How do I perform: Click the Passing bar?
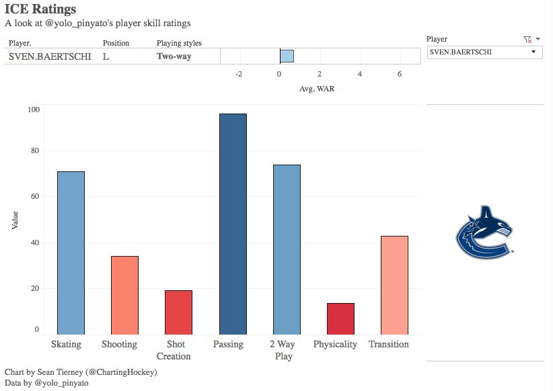click(x=233, y=224)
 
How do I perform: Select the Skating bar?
click(x=71, y=253)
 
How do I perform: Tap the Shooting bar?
click(x=124, y=295)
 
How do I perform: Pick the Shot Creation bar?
click(x=178, y=312)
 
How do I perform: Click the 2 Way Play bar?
click(x=287, y=249)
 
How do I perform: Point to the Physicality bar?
click(x=340, y=318)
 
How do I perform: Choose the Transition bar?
click(x=394, y=285)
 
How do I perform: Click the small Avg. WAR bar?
click(x=287, y=56)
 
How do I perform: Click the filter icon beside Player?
click(x=527, y=40)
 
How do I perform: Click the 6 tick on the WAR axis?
click(x=400, y=74)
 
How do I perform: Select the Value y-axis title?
click(x=15, y=220)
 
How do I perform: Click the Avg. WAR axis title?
click(x=317, y=88)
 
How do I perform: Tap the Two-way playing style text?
click(x=174, y=56)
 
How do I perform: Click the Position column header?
click(x=116, y=43)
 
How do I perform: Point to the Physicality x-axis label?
click(x=335, y=345)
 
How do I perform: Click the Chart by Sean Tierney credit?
click(x=81, y=372)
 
